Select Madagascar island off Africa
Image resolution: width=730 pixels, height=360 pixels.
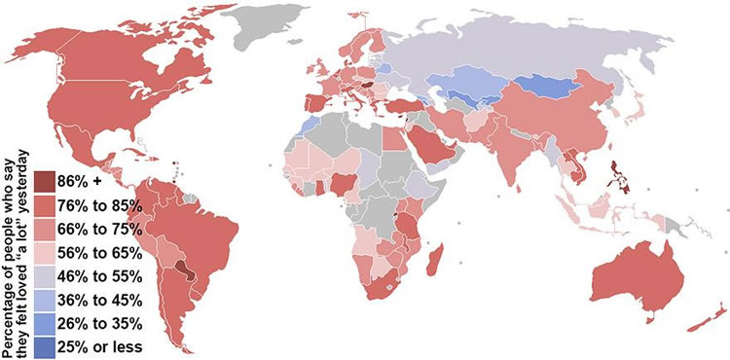[439, 260]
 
